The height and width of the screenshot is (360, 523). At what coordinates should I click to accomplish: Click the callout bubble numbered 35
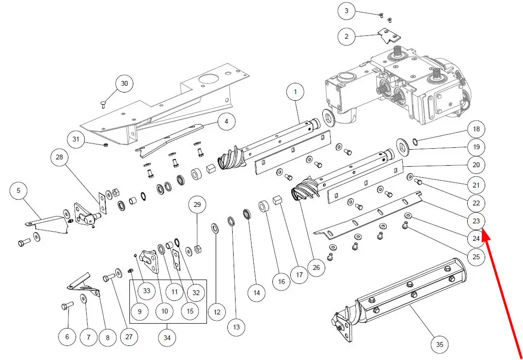point(439,344)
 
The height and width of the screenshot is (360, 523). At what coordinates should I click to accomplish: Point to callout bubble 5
point(19,191)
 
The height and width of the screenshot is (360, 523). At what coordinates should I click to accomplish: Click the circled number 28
point(60,158)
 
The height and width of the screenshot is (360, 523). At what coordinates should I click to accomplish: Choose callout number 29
point(197,205)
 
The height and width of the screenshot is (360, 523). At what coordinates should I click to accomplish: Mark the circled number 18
point(476,129)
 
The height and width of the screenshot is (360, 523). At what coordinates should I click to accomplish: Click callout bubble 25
point(476,256)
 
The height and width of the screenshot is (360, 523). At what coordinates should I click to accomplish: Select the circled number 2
point(347,36)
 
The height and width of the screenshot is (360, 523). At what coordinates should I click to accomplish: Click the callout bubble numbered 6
point(67,336)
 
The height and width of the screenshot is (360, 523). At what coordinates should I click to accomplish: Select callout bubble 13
point(236,328)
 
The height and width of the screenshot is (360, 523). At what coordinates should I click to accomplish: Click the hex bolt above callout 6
point(67,306)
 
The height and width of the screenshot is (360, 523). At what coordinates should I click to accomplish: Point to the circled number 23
point(476,221)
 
